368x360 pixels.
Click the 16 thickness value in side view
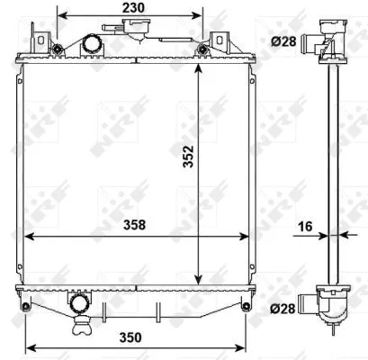[x=308, y=226]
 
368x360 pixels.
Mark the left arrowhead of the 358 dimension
[x=27, y=238]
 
